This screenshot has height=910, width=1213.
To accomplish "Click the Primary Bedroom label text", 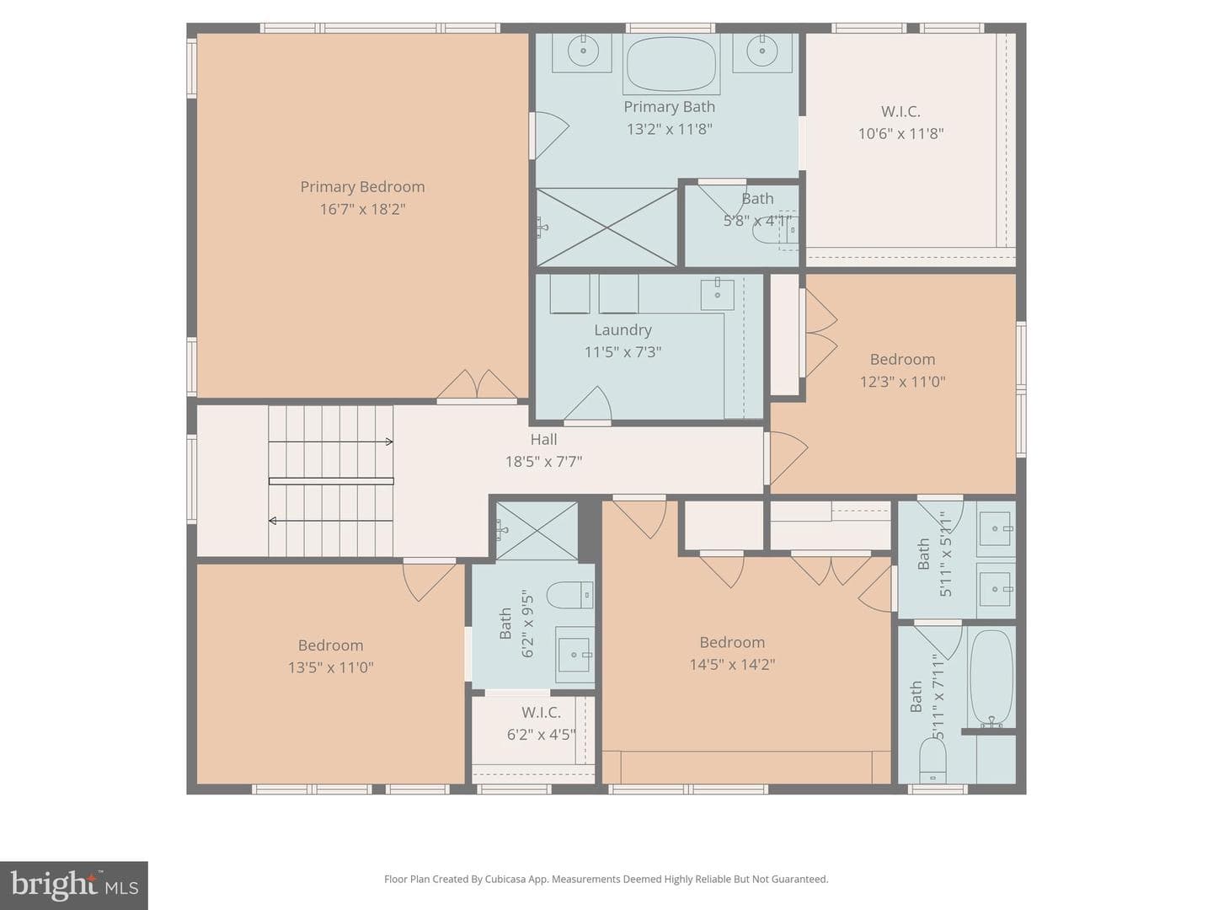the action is pos(362,187).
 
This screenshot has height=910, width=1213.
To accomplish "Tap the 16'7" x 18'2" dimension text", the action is pos(362,210).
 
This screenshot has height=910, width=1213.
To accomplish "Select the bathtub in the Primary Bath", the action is pos(671,64).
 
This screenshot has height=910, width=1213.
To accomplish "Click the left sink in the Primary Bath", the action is pos(583,51).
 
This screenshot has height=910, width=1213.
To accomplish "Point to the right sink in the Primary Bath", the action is pos(762,51).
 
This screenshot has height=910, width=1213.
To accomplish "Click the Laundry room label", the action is pos(623,329).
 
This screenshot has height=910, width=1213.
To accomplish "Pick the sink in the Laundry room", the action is pos(718,295).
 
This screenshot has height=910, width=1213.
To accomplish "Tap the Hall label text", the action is pos(544,439).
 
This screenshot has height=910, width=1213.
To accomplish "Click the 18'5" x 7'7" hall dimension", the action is pos(544,462).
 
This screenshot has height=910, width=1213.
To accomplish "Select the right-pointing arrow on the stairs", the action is pos(330,442).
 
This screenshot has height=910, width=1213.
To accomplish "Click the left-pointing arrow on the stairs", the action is pos(330,521).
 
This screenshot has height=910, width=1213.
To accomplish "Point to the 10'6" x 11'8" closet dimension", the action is pos(900,134).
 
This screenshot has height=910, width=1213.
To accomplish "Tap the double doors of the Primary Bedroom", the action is pos(477,385).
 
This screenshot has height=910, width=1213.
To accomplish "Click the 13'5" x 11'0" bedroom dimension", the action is pos(330,667).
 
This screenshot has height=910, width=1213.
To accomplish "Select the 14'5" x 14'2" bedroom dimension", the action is pos(732,664).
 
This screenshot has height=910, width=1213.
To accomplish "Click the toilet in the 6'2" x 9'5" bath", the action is pos(569,595).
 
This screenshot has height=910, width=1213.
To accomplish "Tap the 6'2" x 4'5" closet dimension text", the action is pos(542,735).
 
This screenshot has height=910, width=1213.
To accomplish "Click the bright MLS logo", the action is pos(74,886).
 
